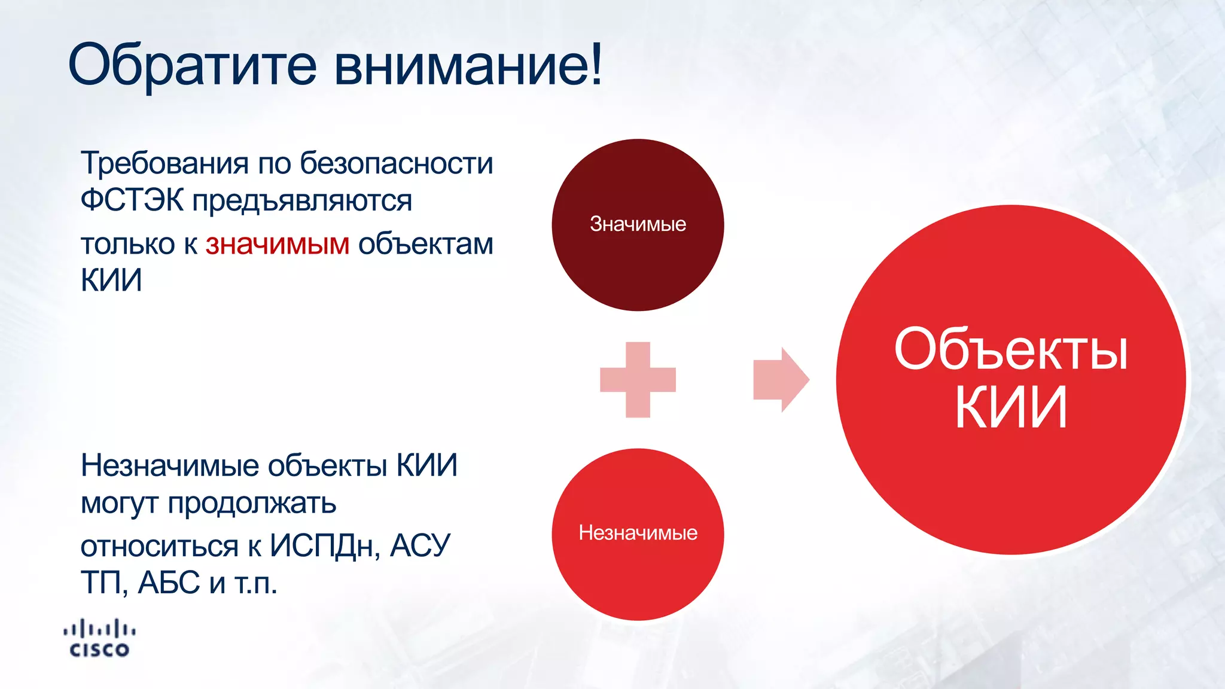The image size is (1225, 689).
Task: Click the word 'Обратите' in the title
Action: (x=192, y=65)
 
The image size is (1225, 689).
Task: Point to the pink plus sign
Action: (x=638, y=380)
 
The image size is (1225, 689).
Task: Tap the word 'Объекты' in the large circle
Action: (x=1011, y=350)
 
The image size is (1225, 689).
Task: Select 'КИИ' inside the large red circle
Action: (x=1011, y=408)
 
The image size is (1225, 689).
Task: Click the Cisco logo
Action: (x=99, y=639)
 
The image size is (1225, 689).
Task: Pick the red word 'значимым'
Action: (x=278, y=245)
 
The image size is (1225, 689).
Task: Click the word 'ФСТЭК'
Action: (x=132, y=200)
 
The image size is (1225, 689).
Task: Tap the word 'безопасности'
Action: (x=397, y=163)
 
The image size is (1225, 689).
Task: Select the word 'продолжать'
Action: (x=252, y=504)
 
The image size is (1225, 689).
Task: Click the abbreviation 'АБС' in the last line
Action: (x=169, y=583)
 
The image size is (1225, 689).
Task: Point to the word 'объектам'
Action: (x=426, y=245)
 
